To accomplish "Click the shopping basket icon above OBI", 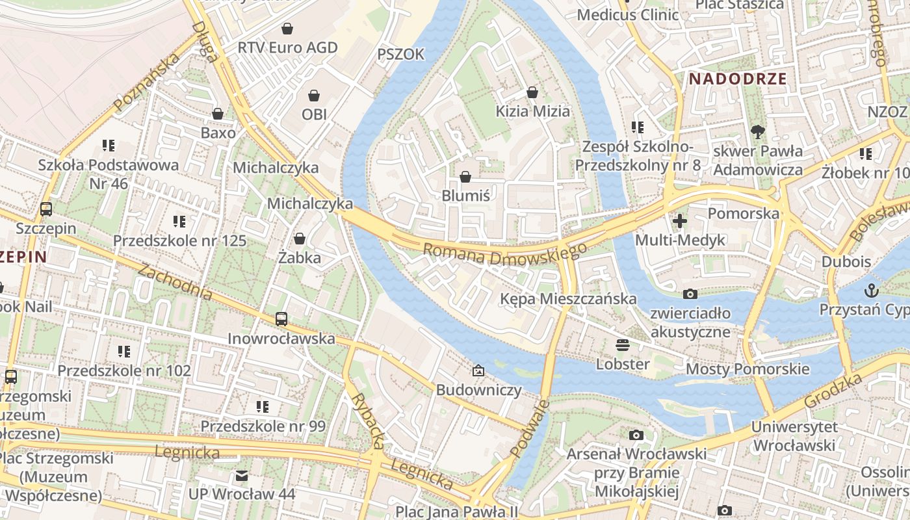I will pyautogui.click(x=314, y=96).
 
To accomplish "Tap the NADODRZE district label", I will pyautogui.click(x=738, y=79).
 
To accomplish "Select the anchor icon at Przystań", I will pyautogui.click(x=871, y=290).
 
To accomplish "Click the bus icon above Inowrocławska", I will pyautogui.click(x=281, y=319).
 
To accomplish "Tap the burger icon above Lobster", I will pyautogui.click(x=623, y=344).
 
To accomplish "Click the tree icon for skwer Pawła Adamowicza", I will pyautogui.click(x=757, y=132).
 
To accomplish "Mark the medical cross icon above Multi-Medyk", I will pyautogui.click(x=679, y=221).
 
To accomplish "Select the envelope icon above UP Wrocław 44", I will pyautogui.click(x=242, y=475).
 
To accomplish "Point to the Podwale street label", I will pyautogui.click(x=529, y=428).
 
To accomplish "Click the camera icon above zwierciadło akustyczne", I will pyautogui.click(x=690, y=294).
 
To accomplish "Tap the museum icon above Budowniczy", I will pyautogui.click(x=478, y=370).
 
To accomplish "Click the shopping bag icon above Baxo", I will pyautogui.click(x=218, y=114).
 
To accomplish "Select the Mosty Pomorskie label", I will pyautogui.click(x=747, y=369).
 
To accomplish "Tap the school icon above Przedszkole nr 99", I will pyautogui.click(x=263, y=407).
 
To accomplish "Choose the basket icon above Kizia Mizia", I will pyautogui.click(x=532, y=92).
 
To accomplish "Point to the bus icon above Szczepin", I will pyautogui.click(x=46, y=209).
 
